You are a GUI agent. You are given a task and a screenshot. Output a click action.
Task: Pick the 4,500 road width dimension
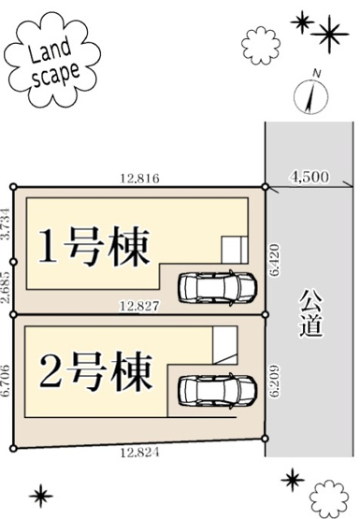(x=310, y=175)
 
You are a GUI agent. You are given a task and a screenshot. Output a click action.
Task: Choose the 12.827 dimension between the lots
(x=137, y=305)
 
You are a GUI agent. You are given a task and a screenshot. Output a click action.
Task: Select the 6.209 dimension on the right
(x=274, y=378)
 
